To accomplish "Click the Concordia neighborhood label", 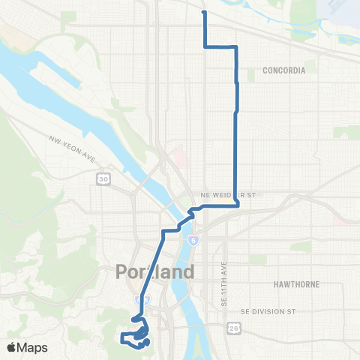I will [284, 70].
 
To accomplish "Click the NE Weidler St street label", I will [234, 194].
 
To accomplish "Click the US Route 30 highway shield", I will [103, 178].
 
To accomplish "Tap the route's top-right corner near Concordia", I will [236, 47].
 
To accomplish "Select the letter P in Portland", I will [123, 271].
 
